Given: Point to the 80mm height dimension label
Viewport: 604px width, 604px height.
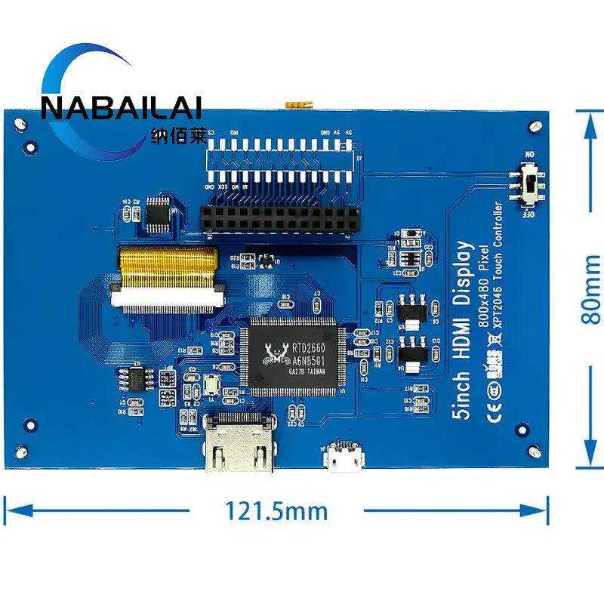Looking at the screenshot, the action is coord(591,288).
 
